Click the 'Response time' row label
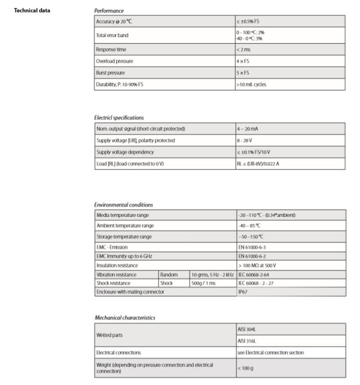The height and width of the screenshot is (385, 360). [112, 50]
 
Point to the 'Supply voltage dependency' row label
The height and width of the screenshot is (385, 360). [125, 152]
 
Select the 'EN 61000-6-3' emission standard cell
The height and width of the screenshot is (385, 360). [251, 247]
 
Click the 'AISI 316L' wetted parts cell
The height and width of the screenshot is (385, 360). [248, 340]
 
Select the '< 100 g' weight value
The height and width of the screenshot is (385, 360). [246, 368]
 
